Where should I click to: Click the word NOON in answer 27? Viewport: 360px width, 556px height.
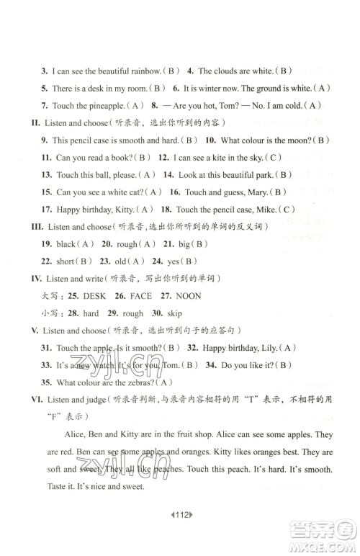pos(189,296)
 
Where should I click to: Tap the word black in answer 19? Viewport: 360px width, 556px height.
pos(66,244)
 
